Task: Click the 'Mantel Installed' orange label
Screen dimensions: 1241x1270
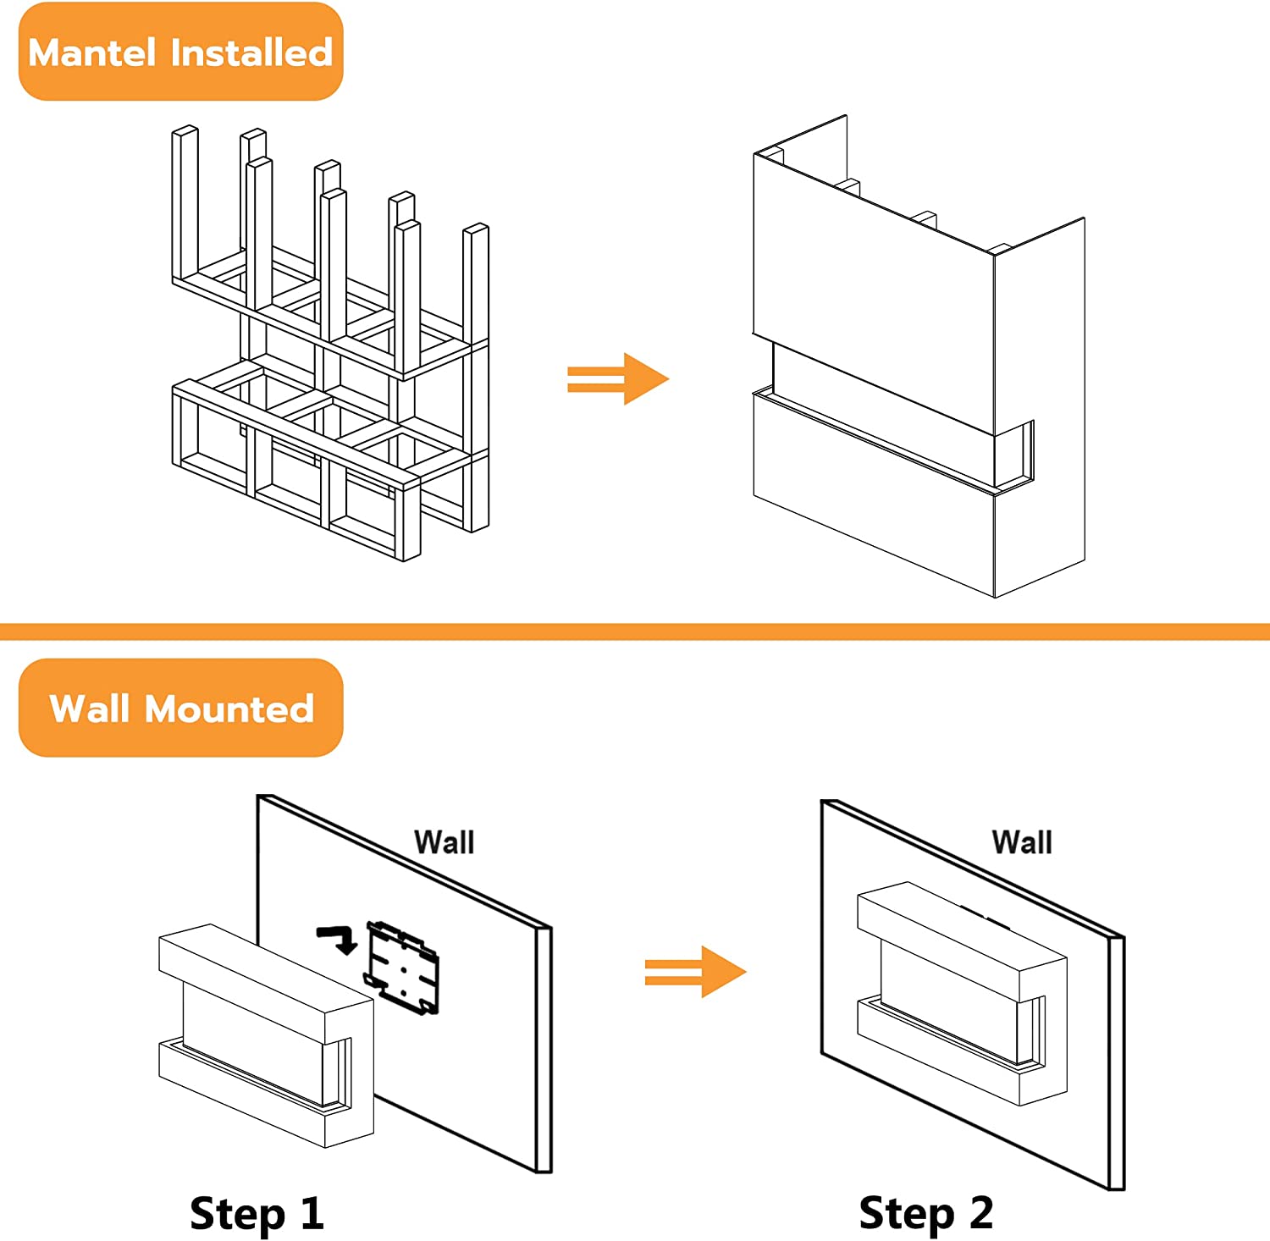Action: click(180, 52)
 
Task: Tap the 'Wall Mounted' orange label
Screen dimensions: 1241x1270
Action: click(180, 708)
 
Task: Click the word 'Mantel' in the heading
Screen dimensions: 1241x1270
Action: click(93, 52)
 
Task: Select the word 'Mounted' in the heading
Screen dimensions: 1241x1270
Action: click(229, 709)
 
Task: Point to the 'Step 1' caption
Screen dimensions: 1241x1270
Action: click(257, 1213)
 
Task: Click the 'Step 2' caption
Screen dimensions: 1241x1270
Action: click(925, 1213)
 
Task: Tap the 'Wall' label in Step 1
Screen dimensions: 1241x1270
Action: click(444, 842)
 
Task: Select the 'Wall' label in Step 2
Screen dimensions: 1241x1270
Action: click(1022, 842)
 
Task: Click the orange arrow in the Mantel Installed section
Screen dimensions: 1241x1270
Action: click(618, 378)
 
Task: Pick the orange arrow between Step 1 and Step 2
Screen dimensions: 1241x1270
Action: click(695, 972)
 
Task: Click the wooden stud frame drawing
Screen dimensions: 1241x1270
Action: click(330, 347)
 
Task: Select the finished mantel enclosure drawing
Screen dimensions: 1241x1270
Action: click(919, 356)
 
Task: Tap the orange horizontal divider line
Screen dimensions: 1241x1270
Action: click(635, 632)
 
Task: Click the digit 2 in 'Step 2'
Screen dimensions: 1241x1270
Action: click(980, 1212)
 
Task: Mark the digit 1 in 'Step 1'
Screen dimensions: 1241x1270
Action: click(312, 1212)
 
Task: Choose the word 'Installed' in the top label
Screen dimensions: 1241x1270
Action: click(251, 52)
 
